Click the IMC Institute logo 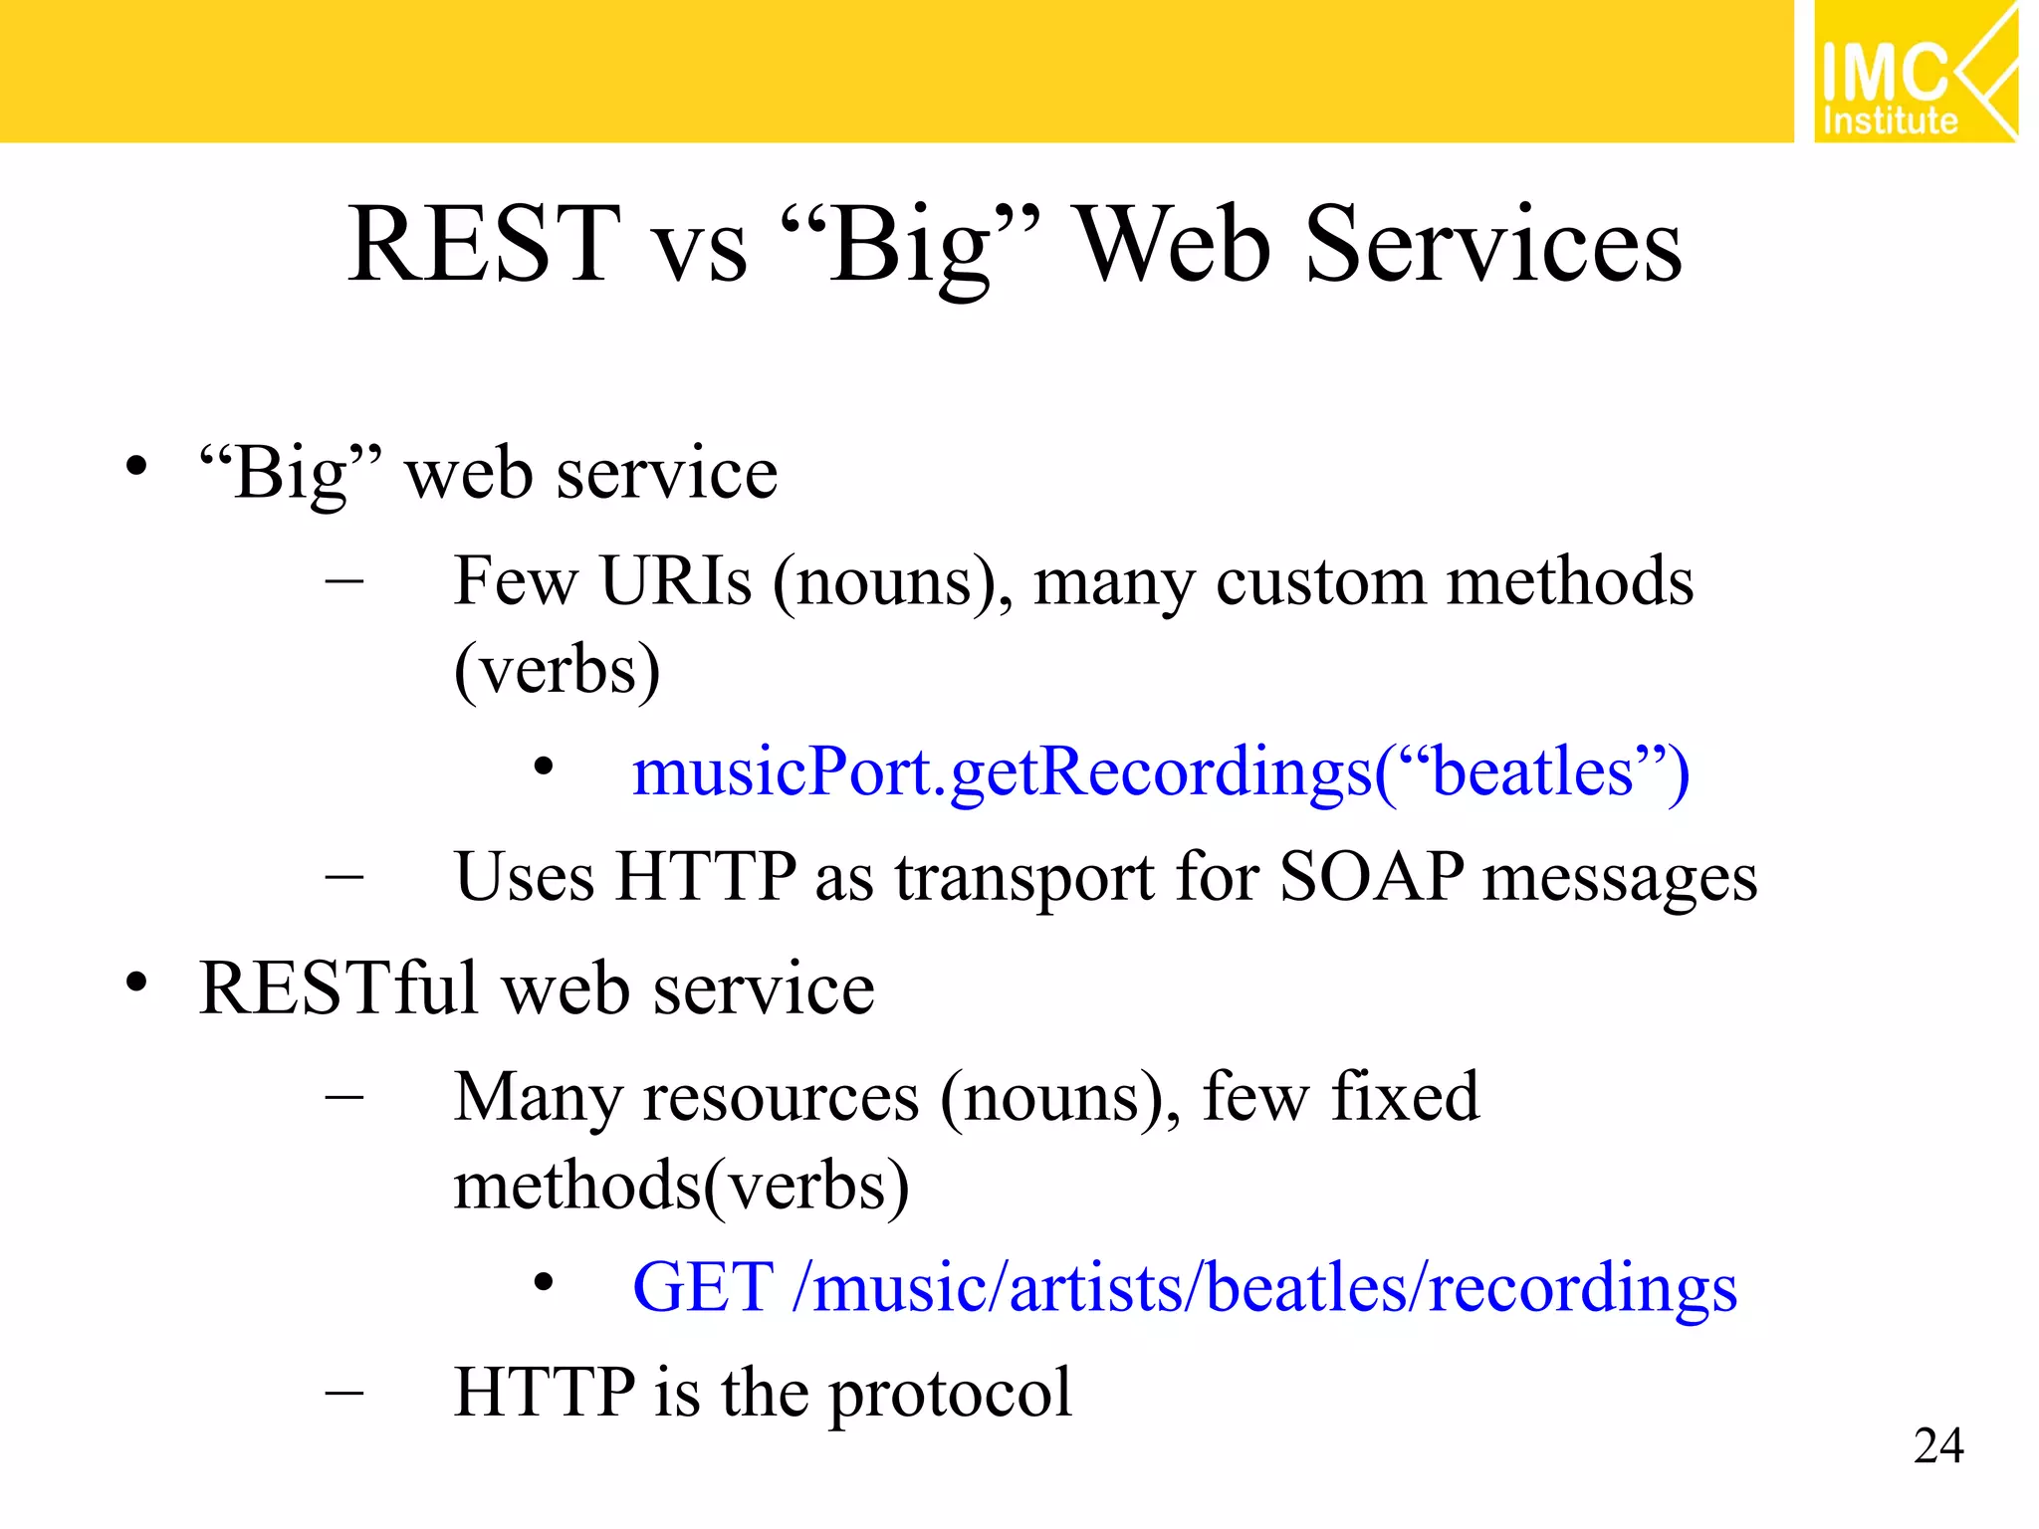1914,72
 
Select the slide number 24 1937,1445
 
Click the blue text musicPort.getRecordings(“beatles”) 1160,773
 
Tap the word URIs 676,581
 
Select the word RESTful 338,988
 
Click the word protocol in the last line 950,1394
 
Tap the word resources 781,1099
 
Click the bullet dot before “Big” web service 136,466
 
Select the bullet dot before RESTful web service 136,983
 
